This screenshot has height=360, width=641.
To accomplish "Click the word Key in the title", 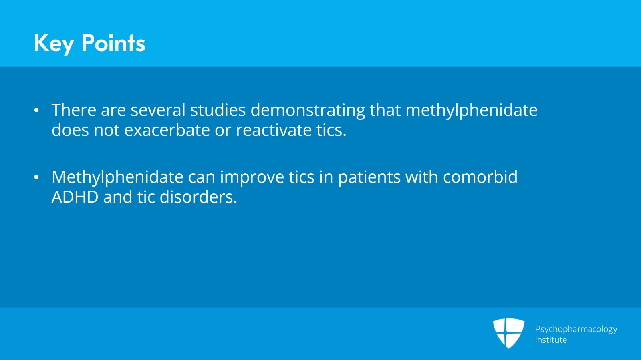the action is coord(54,44).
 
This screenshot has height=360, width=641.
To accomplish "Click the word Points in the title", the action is coord(113,43).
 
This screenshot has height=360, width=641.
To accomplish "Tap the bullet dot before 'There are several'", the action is coord(36,110).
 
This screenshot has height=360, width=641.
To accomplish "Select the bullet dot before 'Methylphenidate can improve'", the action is coord(36,177).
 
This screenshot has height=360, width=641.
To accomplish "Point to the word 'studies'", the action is coord(218,110).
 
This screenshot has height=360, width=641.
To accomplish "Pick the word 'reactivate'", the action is coord(274,130).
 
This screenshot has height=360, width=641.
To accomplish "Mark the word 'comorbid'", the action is coord(480,177).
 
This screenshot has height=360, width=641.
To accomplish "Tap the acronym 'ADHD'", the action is coord(75,197).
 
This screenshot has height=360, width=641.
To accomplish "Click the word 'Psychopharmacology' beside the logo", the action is coord(576,330).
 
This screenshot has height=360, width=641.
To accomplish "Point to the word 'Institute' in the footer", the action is coord(551,340).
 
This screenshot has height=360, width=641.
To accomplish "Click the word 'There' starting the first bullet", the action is coord(74,110).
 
